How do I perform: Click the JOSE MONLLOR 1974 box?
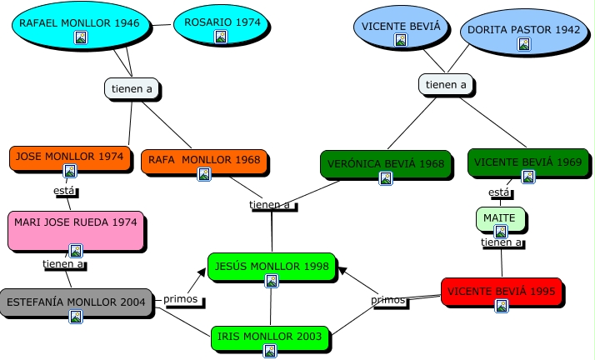click(70, 157)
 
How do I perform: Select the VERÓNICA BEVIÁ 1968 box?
click(385, 164)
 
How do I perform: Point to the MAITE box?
click(501, 219)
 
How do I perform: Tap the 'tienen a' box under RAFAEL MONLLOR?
click(132, 88)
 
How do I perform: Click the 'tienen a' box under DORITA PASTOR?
click(446, 84)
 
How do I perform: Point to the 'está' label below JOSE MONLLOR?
click(64, 190)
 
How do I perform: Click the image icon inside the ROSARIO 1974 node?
click(220, 36)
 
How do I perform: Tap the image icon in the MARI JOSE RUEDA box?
click(76, 250)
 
